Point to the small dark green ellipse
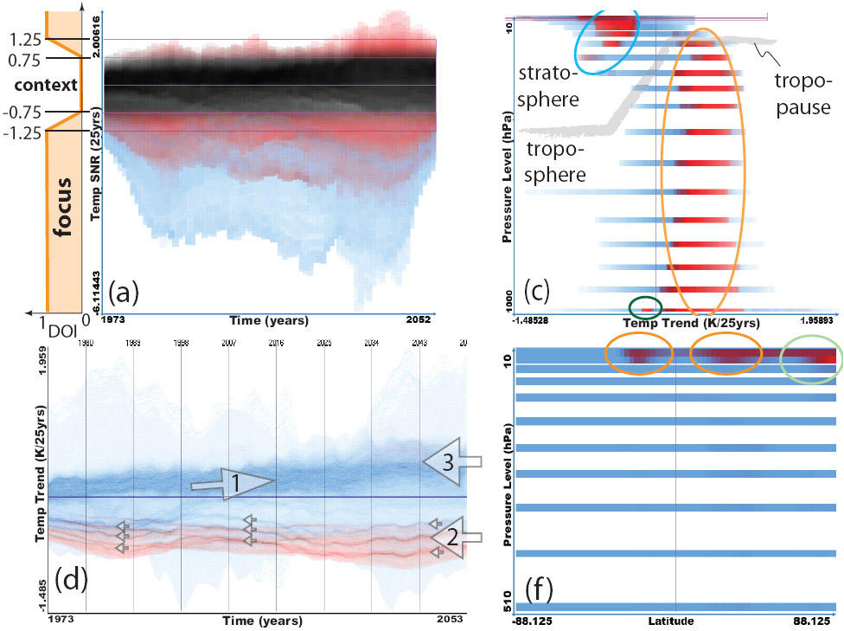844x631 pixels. (644, 306)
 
